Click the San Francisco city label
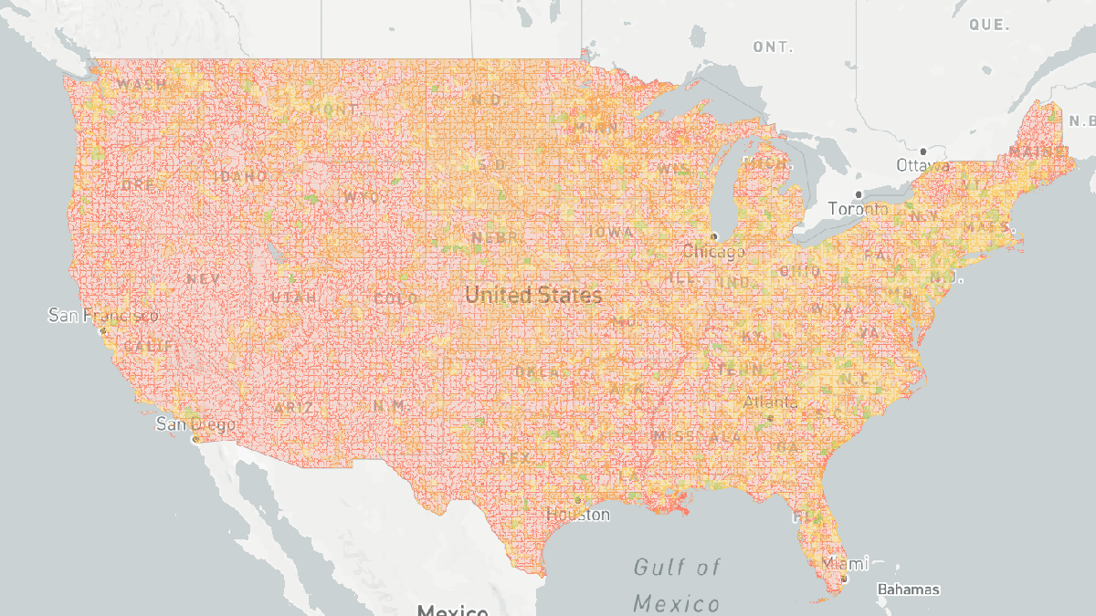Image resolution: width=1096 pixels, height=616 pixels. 102,316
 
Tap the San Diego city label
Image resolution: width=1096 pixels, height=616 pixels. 195,424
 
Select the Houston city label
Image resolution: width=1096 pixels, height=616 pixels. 578,515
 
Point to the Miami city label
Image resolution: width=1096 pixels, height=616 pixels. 845,563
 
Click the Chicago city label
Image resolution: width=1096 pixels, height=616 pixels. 712,251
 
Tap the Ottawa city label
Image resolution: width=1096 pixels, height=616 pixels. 922,166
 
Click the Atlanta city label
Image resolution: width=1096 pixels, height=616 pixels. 770,402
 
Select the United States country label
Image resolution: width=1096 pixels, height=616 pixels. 533,295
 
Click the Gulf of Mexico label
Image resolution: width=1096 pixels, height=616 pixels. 677,585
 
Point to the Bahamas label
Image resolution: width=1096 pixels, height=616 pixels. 908,590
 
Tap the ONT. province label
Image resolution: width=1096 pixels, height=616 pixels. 773,47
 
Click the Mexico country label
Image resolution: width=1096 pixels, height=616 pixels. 452,610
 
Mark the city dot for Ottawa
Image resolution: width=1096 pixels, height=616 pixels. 923,151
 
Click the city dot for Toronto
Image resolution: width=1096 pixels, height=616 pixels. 859,194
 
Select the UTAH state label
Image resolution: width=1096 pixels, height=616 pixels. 293,298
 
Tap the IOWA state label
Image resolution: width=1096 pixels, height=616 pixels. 610,233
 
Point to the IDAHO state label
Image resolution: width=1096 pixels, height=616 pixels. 241,176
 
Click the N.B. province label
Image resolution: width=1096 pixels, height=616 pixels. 1081,120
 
